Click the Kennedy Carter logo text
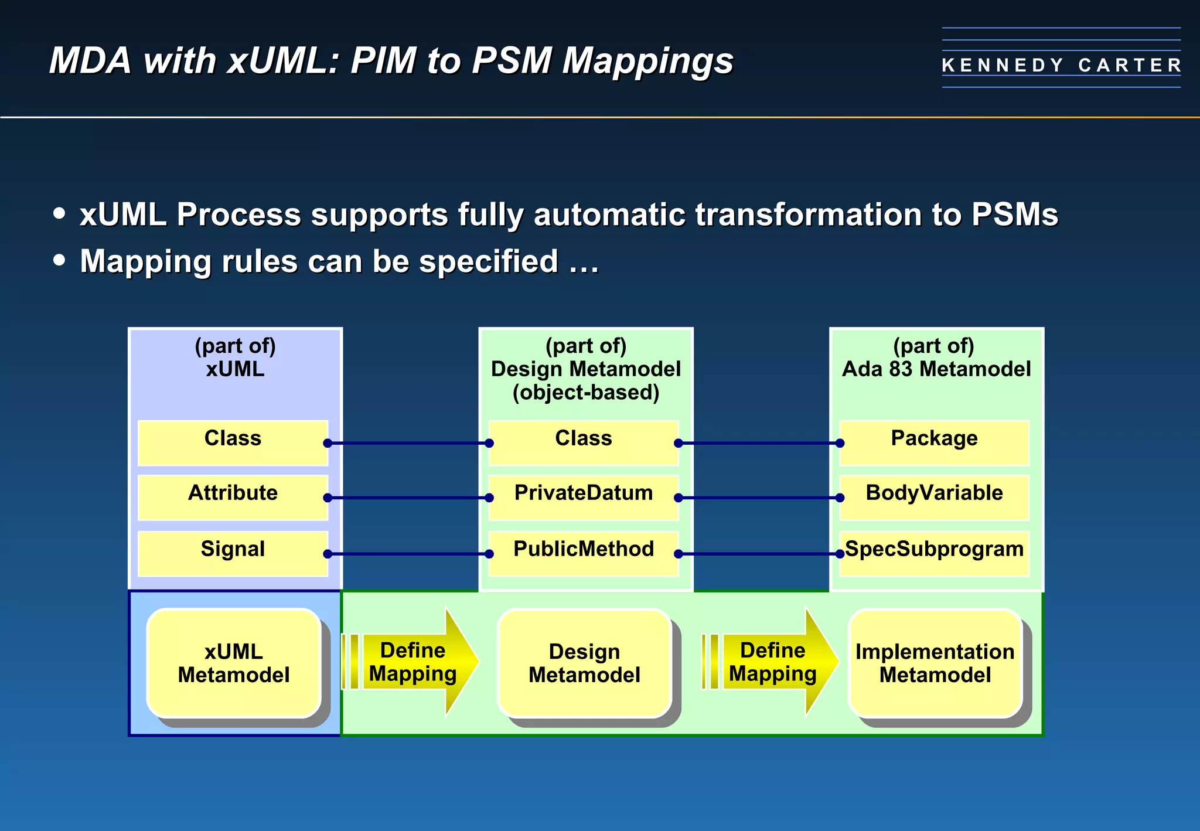(1061, 64)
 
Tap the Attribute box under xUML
(233, 497)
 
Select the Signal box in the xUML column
(233, 553)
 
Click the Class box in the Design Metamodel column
(583, 442)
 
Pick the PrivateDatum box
(583, 497)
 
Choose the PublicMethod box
(583, 553)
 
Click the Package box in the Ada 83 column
(934, 442)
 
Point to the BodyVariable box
(934, 497)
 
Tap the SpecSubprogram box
(934, 553)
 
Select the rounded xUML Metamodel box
(234, 663)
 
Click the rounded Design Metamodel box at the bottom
(584, 663)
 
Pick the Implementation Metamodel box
(935, 663)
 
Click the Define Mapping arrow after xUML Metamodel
(414, 662)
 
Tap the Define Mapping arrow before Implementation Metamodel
(773, 662)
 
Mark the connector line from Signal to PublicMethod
(408, 553)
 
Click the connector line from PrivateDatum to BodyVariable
(759, 498)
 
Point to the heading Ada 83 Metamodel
(936, 369)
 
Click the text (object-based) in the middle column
(585, 392)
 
